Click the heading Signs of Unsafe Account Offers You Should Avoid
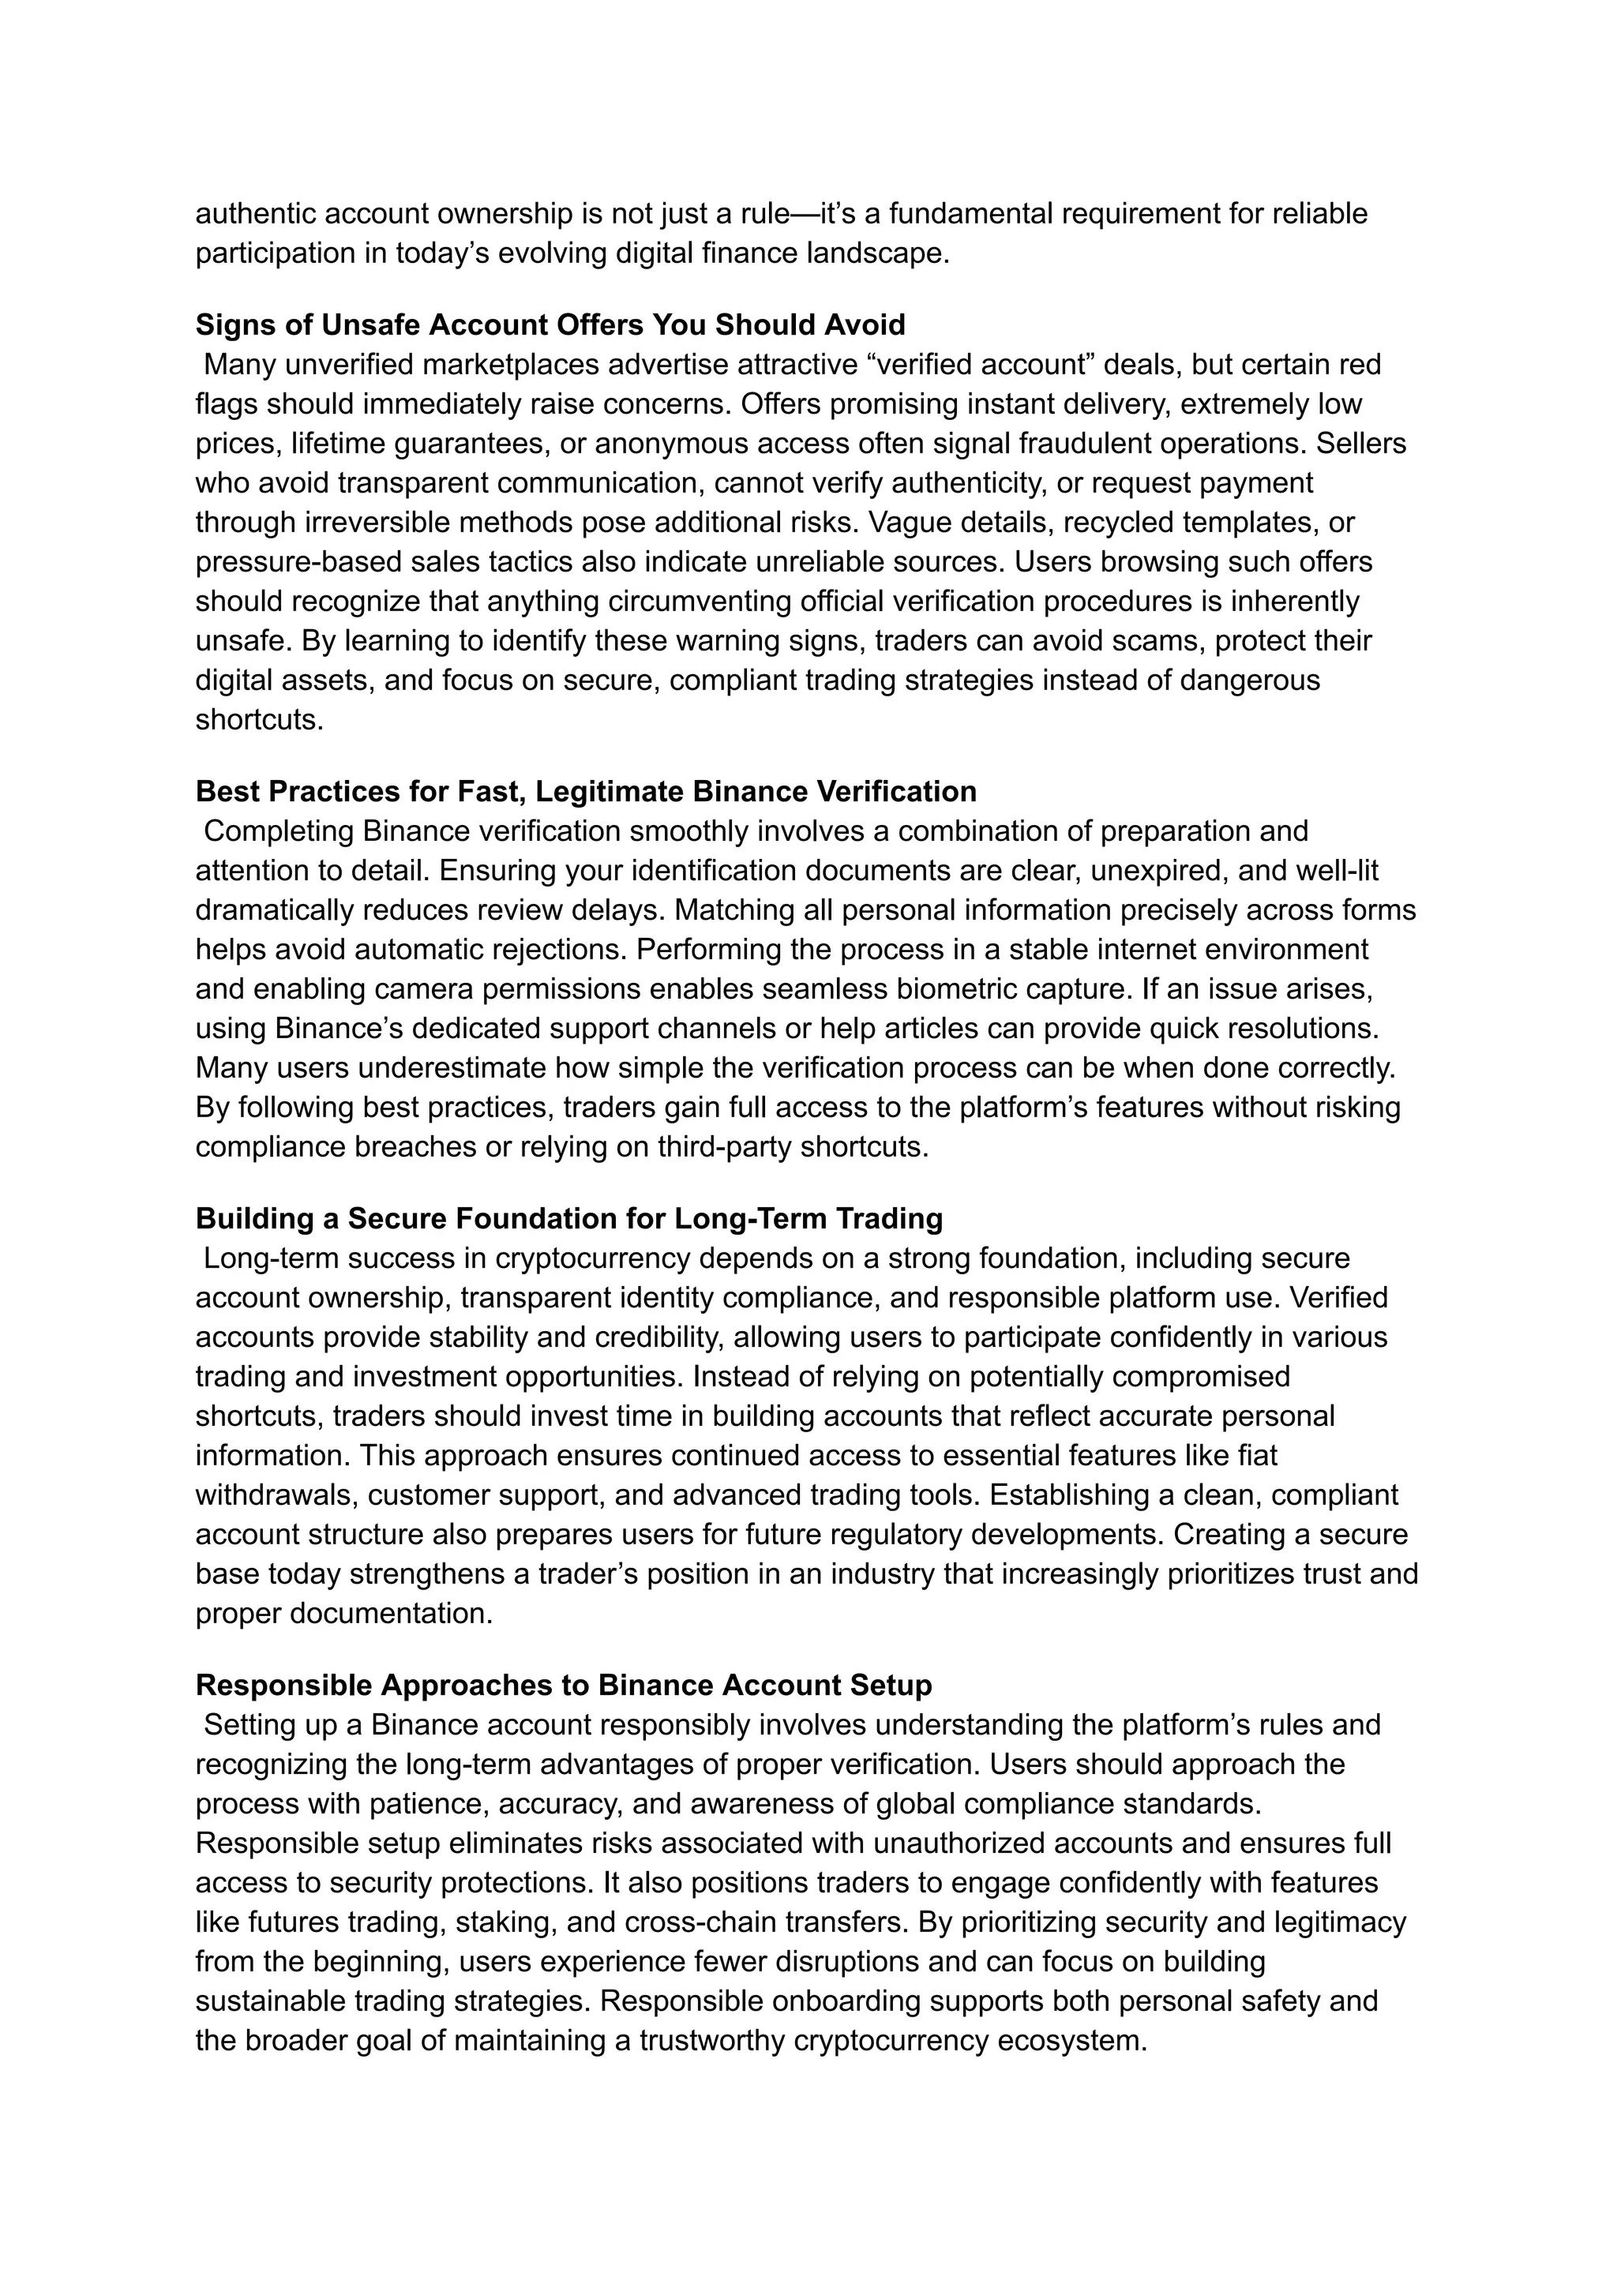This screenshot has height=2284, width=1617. point(550,324)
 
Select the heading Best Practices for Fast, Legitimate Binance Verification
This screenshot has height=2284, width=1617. point(586,792)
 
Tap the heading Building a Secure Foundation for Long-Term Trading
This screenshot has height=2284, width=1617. point(568,1219)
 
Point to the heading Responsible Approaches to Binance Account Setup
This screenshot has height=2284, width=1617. point(564,1686)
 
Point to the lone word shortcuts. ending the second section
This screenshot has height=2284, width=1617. point(259,720)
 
